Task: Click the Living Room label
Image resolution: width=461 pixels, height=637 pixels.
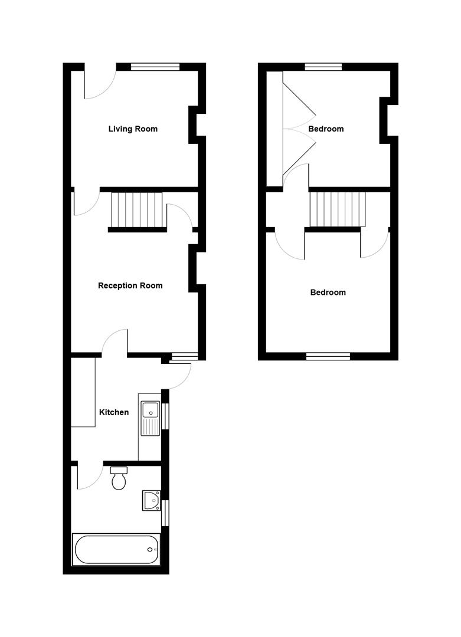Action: tap(133, 129)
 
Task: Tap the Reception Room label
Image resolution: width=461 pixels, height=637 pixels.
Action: tap(130, 285)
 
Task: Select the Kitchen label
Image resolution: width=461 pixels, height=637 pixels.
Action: tap(113, 412)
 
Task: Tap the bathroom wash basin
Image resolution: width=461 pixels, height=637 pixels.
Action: tap(151, 500)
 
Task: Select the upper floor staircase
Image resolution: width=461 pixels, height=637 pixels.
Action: tap(338, 209)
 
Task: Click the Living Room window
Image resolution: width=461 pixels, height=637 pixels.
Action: tap(155, 67)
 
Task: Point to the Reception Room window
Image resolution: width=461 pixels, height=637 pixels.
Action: tap(183, 356)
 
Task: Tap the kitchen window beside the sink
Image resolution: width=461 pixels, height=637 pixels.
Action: tap(165, 416)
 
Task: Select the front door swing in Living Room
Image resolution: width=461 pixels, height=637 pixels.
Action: tap(97, 86)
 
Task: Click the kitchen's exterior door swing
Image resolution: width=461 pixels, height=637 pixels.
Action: tap(179, 376)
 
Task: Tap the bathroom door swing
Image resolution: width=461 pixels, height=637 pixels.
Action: tap(87, 478)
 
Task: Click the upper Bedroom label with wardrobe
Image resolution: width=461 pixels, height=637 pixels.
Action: tap(326, 129)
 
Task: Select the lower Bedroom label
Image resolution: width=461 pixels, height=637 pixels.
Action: tap(328, 292)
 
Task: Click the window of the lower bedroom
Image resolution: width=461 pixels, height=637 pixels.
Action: tap(328, 356)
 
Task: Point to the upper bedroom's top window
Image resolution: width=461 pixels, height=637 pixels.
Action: tap(323, 67)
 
